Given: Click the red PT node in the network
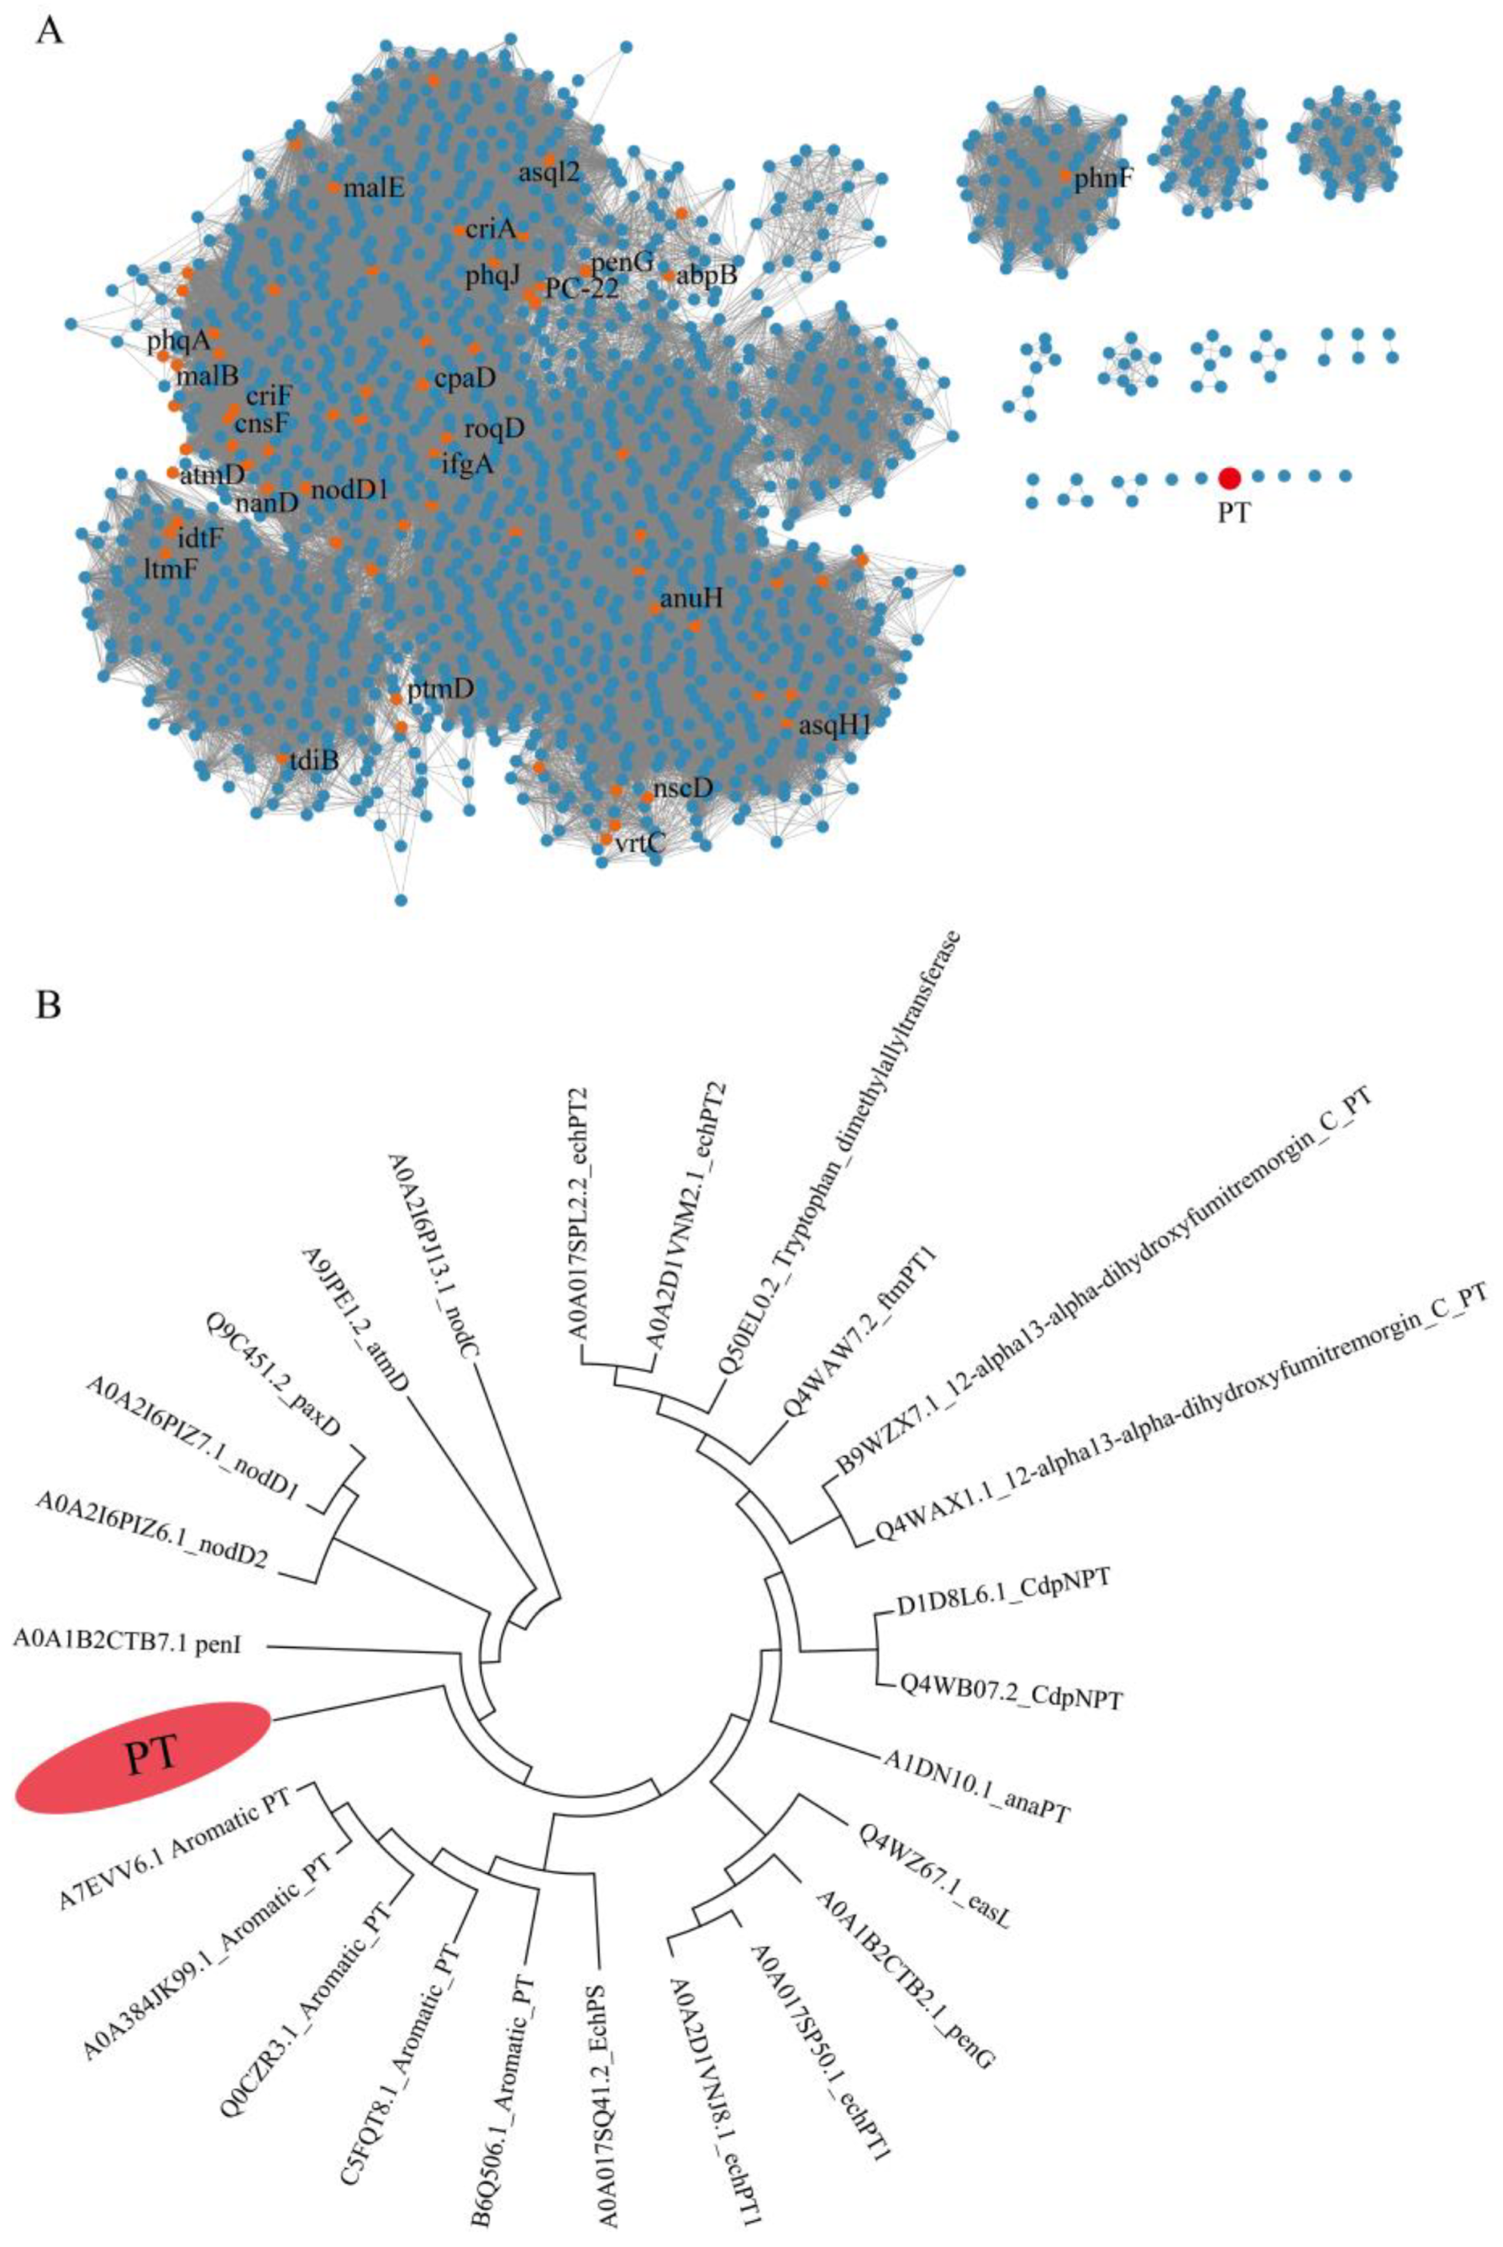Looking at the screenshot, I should pos(1229,477).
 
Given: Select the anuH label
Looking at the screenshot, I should pos(688,600).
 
